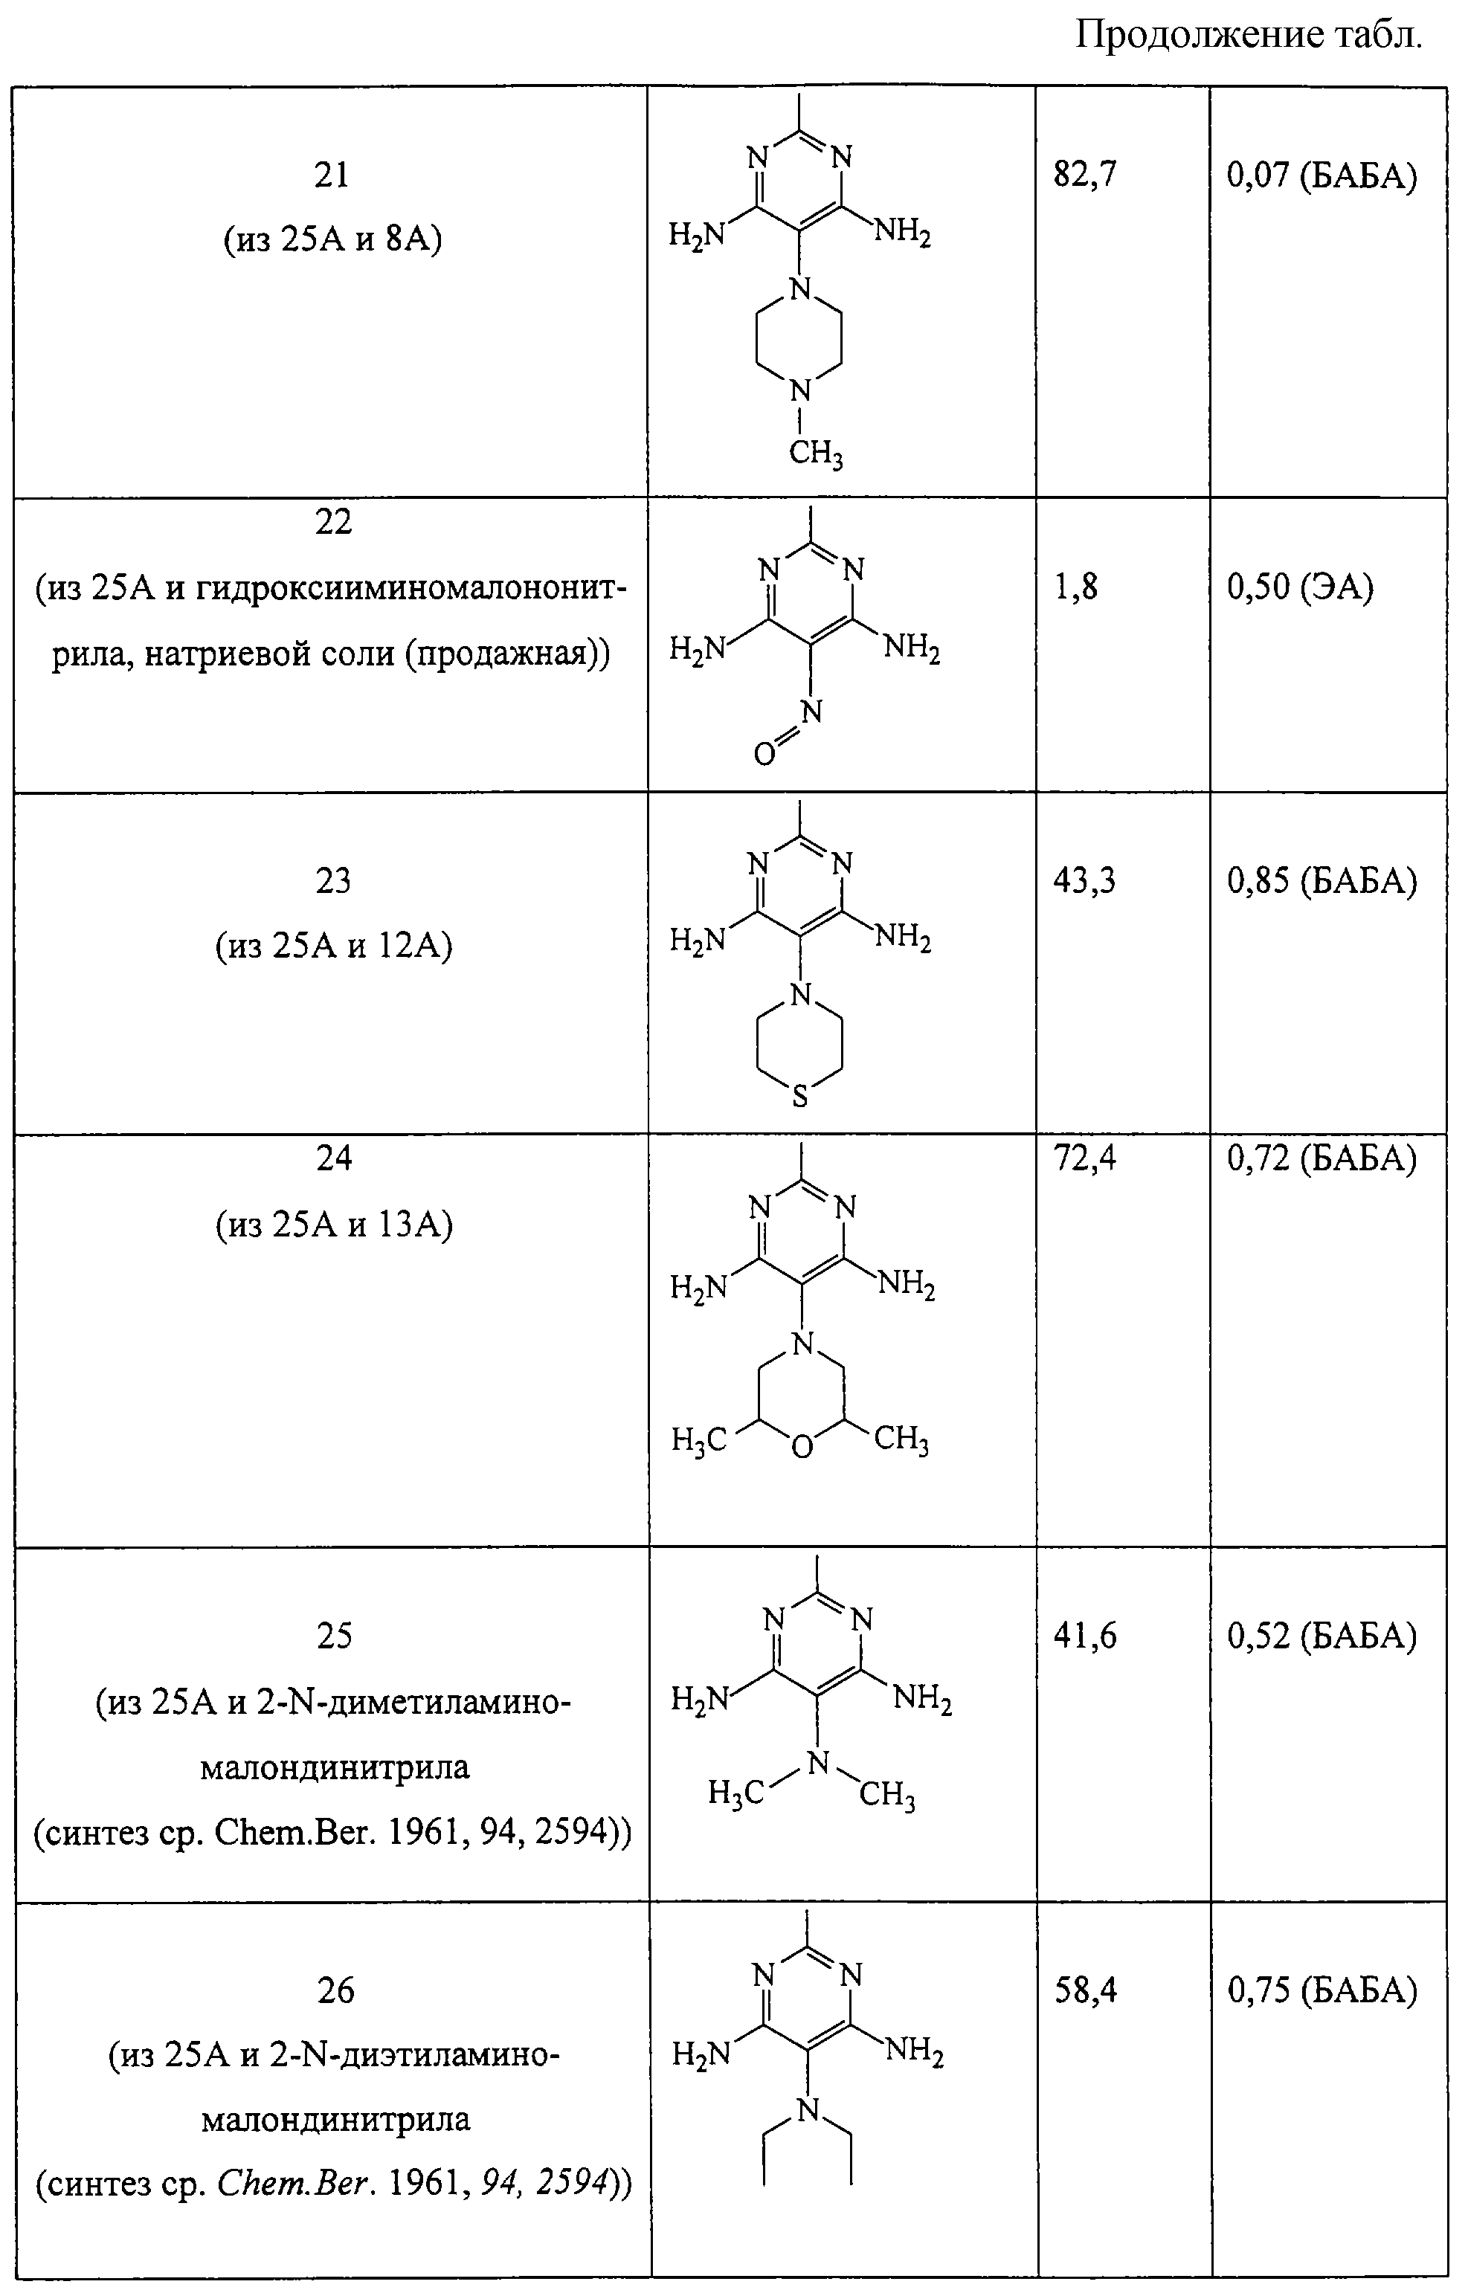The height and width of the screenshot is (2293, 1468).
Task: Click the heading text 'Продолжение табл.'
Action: coord(1249,36)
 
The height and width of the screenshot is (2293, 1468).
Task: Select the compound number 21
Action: coord(332,175)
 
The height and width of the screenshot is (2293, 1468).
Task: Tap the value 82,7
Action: coord(1085,175)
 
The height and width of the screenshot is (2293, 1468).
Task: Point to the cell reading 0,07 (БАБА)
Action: coord(1322,175)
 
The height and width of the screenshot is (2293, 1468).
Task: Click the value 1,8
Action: coord(1076,588)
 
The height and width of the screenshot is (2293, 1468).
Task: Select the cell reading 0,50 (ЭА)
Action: coord(1300,588)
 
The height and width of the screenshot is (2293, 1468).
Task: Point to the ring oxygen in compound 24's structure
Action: coord(802,1448)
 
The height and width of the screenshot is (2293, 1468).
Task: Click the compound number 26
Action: coord(335,1992)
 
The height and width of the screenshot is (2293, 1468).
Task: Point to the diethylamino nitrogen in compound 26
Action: coord(808,2111)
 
